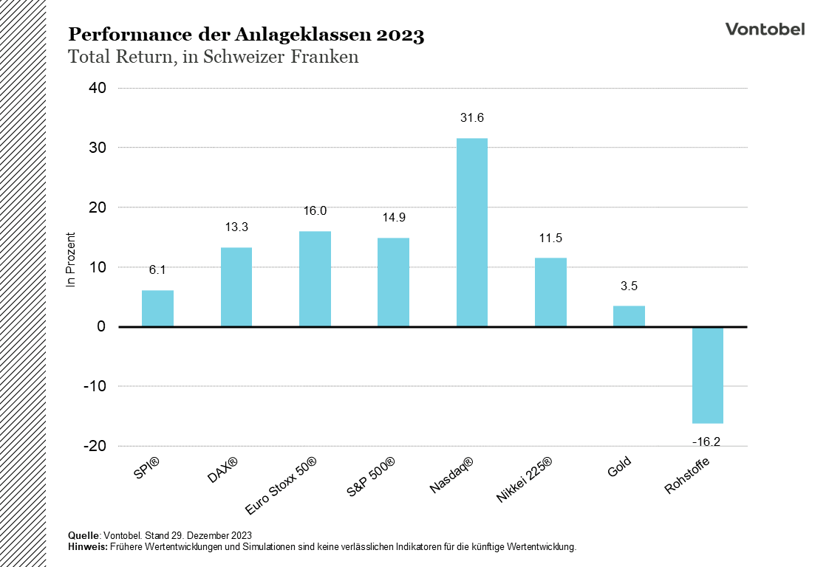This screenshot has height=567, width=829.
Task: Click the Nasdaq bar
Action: [x=472, y=232]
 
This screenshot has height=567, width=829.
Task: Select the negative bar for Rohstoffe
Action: [x=707, y=375]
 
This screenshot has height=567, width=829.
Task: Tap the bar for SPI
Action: [x=157, y=309]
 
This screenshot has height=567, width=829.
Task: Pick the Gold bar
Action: [x=629, y=316]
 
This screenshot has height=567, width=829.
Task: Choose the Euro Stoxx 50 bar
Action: [x=315, y=279]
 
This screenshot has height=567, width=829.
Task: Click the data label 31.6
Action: [x=471, y=118]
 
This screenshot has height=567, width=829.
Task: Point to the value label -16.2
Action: [x=707, y=441]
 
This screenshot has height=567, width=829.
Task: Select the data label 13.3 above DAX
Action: [x=236, y=227]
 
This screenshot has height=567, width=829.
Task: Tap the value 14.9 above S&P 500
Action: [x=393, y=217]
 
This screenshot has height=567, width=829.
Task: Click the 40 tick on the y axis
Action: [x=98, y=88]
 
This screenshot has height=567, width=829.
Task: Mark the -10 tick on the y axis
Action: [x=95, y=386]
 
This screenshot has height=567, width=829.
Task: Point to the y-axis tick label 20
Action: [x=98, y=207]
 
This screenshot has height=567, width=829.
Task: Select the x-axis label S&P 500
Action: [x=372, y=476]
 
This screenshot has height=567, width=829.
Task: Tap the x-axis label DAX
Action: [x=223, y=470]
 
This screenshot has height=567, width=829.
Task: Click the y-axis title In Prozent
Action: [x=72, y=259]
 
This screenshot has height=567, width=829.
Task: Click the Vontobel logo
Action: [x=765, y=29]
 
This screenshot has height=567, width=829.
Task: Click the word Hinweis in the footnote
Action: [x=87, y=547]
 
